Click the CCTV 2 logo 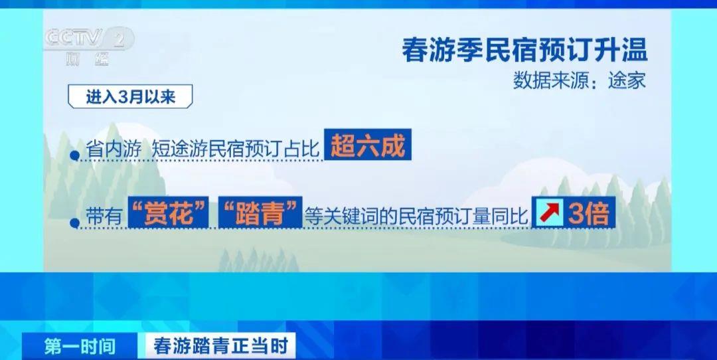[x=89, y=46]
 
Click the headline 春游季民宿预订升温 [x=524, y=50]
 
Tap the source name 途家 [x=627, y=82]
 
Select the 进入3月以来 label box [x=130, y=97]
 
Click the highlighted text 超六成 [x=368, y=145]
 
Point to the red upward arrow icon [x=548, y=213]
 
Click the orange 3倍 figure [x=588, y=213]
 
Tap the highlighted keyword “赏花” [x=168, y=213]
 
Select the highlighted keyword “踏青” [x=260, y=213]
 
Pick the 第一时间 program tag [x=80, y=346]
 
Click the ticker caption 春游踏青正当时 [x=221, y=346]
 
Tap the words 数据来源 [x=549, y=82]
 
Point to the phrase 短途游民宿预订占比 [x=235, y=149]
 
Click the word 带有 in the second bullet [x=104, y=215]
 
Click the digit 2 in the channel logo [x=119, y=41]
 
